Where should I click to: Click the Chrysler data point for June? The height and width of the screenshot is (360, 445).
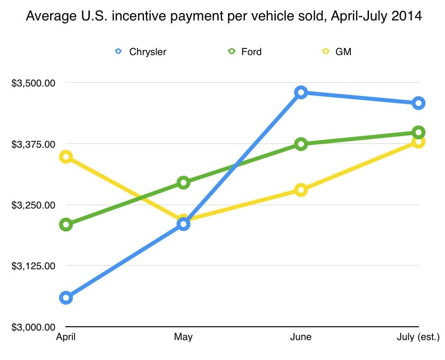(x=300, y=92)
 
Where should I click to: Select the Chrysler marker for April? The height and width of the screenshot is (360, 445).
(x=66, y=298)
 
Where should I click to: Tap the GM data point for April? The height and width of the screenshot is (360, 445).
(x=66, y=157)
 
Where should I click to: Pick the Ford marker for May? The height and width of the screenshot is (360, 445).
(x=184, y=182)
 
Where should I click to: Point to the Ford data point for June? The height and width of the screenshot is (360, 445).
(x=300, y=144)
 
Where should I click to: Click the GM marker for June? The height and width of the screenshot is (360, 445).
(x=300, y=190)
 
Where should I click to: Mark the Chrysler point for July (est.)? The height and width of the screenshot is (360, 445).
(x=418, y=103)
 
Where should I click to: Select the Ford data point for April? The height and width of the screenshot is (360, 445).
(x=66, y=225)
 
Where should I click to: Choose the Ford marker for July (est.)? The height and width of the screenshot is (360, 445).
(x=418, y=132)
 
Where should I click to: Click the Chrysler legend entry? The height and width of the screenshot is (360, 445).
(x=141, y=52)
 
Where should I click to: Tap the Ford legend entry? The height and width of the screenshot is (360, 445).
(x=245, y=52)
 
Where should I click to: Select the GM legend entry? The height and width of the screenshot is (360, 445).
(x=337, y=52)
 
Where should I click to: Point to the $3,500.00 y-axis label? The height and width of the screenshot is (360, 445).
(x=33, y=83)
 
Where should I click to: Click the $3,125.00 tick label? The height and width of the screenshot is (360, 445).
(x=33, y=266)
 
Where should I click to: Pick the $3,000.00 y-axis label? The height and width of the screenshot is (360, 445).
(x=33, y=327)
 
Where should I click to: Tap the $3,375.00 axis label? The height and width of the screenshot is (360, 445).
(x=33, y=144)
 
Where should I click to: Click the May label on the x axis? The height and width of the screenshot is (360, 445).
(x=184, y=337)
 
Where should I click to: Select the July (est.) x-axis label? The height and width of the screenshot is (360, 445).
(x=418, y=337)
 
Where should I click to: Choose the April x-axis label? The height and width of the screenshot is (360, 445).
(x=66, y=337)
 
